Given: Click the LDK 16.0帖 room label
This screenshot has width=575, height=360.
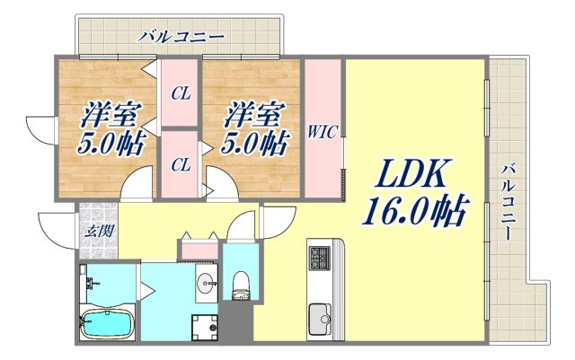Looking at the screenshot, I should point(414,192).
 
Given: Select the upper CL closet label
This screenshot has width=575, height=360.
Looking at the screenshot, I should point(181,92).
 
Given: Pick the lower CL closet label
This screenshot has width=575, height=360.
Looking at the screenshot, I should point(181,164).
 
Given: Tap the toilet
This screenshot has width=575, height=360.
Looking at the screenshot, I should point(239,286).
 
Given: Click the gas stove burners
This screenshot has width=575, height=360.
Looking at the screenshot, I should point(321,258).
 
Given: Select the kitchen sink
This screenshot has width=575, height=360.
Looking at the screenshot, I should point(321,316).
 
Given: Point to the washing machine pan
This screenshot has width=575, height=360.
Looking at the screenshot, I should point(208,328).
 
